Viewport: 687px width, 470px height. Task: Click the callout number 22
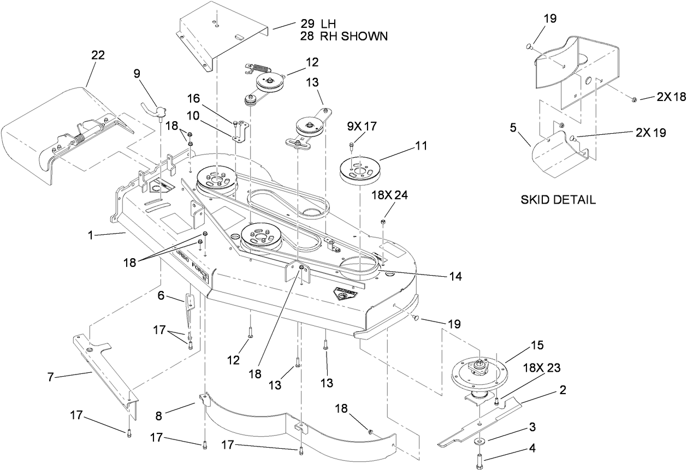point(98,55)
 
